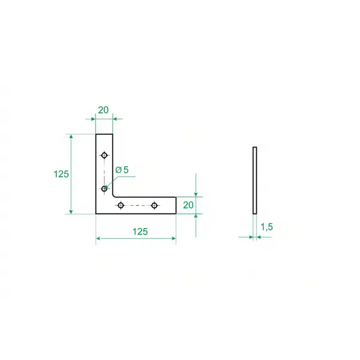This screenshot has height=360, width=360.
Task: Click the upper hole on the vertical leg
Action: (x=104, y=155)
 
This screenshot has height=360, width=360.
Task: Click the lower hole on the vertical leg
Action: (x=104, y=189)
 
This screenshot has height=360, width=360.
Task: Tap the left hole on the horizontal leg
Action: (x=121, y=205)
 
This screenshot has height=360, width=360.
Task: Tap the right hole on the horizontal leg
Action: (x=154, y=205)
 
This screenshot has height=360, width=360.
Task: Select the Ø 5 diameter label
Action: (x=122, y=170)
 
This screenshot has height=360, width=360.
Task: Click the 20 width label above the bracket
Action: (x=103, y=110)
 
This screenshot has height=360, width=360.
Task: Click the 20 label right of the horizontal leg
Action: (x=188, y=205)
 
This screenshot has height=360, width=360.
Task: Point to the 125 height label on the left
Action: (x=61, y=174)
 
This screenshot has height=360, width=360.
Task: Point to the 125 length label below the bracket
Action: (x=140, y=232)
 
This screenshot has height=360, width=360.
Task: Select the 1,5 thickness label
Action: (x=267, y=227)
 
